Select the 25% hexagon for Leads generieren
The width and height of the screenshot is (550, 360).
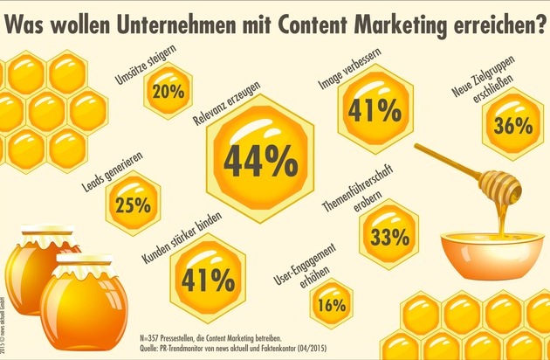tap(133, 205)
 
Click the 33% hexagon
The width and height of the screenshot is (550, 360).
tap(389, 235)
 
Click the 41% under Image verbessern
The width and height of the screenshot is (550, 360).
tap(367, 111)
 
